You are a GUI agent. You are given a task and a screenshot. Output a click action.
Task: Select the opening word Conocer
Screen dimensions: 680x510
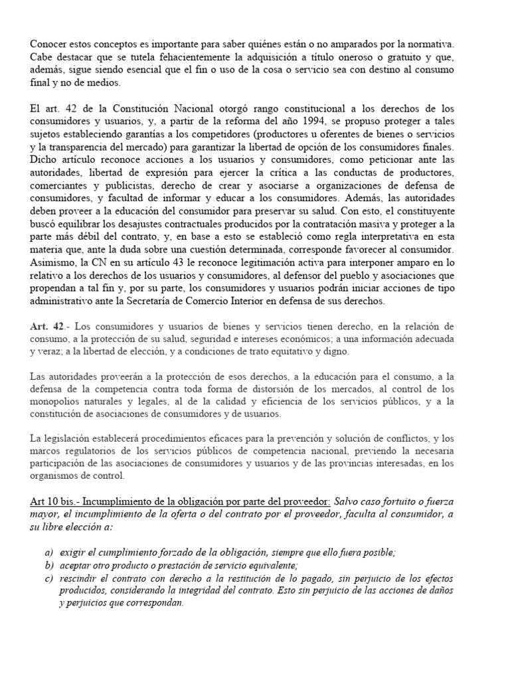point(48,44)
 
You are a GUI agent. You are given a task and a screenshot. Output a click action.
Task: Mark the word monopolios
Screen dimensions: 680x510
point(56,402)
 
